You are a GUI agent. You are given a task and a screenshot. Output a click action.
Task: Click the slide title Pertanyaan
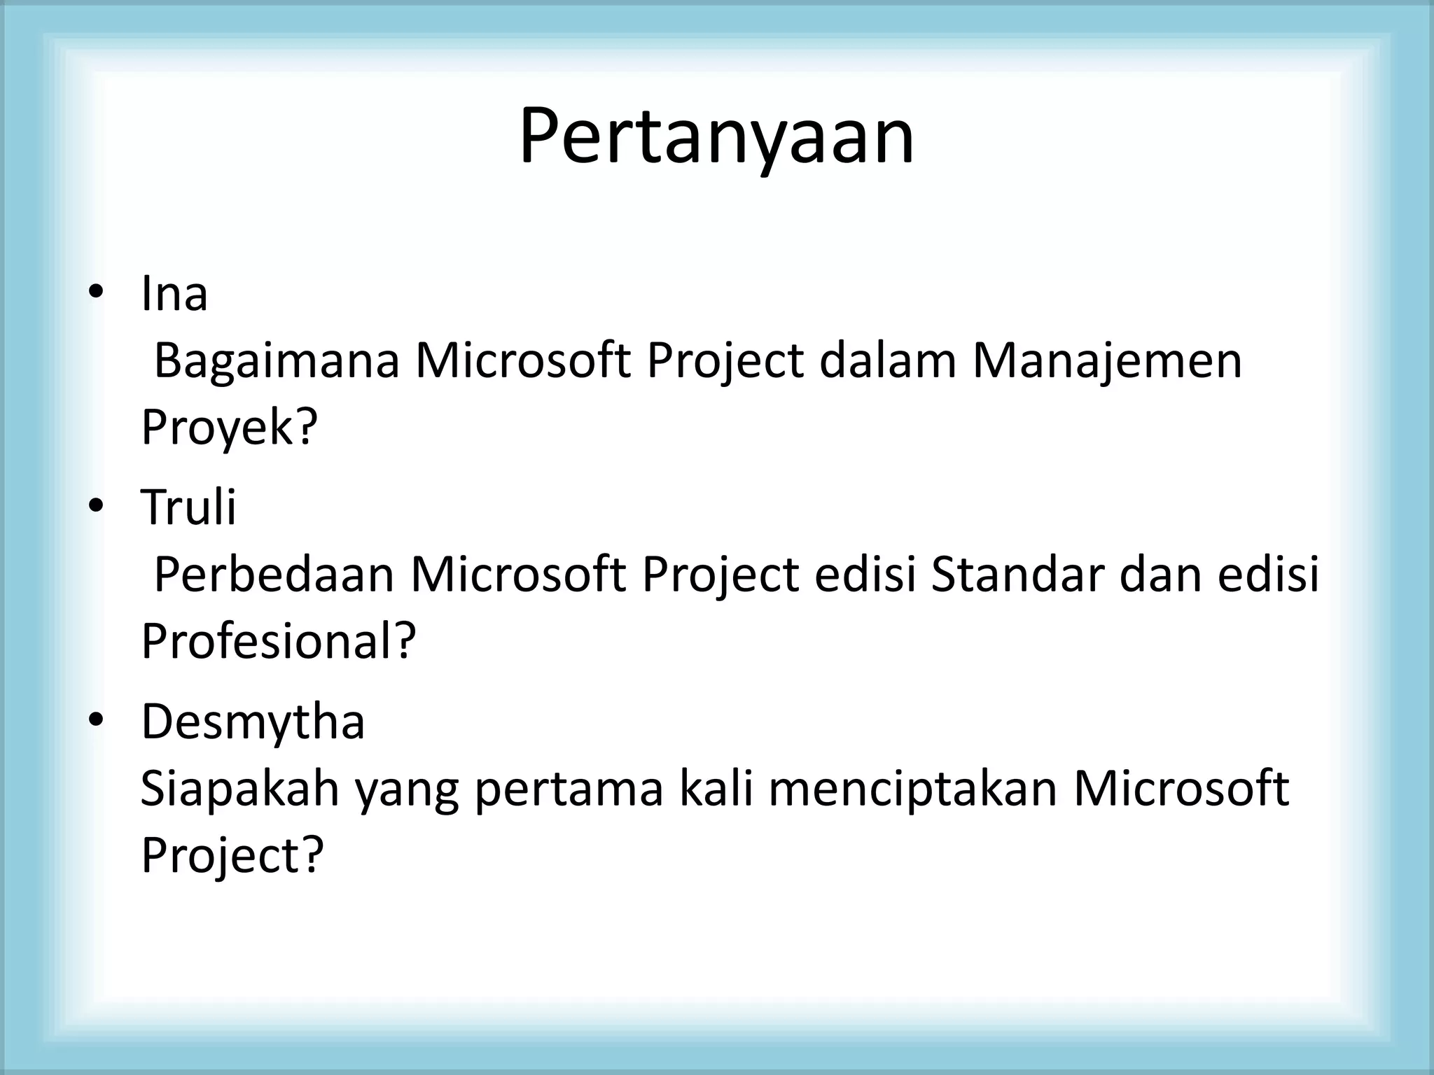click(716, 136)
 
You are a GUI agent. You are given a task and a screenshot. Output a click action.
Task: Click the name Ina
click(174, 294)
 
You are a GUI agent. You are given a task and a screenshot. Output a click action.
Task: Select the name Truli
click(188, 507)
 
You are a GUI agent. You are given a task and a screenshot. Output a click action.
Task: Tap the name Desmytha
click(253, 722)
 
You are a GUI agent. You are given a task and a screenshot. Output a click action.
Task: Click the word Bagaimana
click(276, 361)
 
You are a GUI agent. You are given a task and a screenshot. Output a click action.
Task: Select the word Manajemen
click(1107, 361)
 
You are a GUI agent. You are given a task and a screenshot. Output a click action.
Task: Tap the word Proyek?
click(229, 427)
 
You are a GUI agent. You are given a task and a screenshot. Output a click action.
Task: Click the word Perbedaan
click(274, 575)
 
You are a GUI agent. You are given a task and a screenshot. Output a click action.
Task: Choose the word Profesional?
click(278, 640)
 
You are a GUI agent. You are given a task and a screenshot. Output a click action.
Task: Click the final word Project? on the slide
click(232, 855)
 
